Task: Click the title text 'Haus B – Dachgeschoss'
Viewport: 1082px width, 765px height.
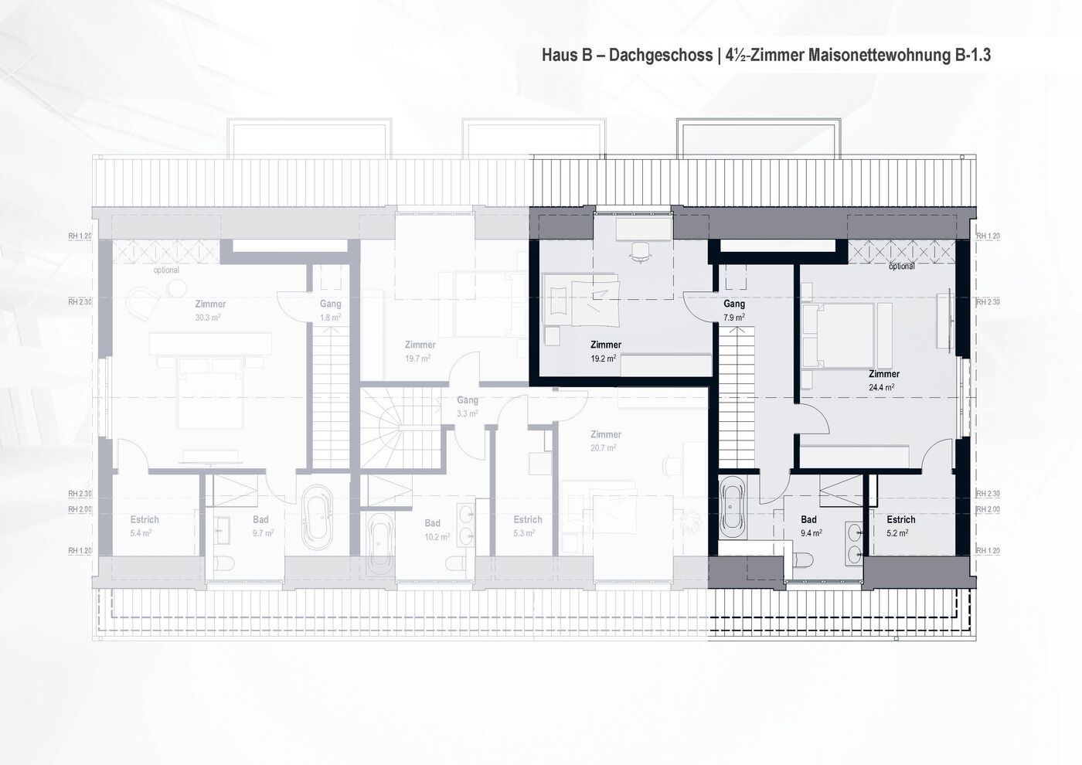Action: click(x=627, y=56)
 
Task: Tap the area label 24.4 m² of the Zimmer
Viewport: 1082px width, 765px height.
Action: click(x=883, y=388)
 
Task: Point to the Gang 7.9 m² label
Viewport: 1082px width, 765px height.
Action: click(x=733, y=311)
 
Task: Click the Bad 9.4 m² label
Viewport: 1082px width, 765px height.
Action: click(x=810, y=526)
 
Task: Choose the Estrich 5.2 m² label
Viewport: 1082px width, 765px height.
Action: click(x=900, y=526)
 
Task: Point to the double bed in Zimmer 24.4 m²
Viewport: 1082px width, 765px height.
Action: click(x=839, y=335)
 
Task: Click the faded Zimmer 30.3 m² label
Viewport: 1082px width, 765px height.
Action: click(x=209, y=310)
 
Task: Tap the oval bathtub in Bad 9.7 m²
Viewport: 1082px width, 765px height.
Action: click(x=316, y=517)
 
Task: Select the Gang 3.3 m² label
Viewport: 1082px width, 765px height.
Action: click(x=467, y=406)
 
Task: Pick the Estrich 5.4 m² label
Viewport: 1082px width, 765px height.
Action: click(x=144, y=526)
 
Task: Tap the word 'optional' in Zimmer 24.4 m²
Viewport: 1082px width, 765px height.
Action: click(x=901, y=267)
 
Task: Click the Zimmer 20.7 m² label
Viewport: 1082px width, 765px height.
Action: click(x=605, y=440)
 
